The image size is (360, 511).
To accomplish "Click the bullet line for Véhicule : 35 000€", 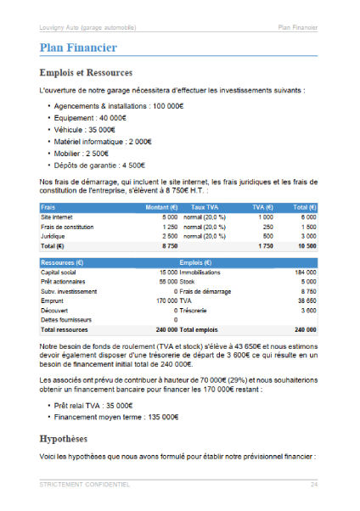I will click(x=87, y=130).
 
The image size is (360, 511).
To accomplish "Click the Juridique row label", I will click(x=53, y=236).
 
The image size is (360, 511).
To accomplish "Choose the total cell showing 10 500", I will click(x=305, y=246).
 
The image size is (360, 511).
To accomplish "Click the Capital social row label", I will click(x=59, y=272).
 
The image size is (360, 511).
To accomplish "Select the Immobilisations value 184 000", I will click(x=305, y=272).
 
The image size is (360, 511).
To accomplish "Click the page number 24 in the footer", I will click(x=313, y=484).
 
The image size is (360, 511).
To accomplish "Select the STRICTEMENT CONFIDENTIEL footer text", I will click(x=84, y=484).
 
